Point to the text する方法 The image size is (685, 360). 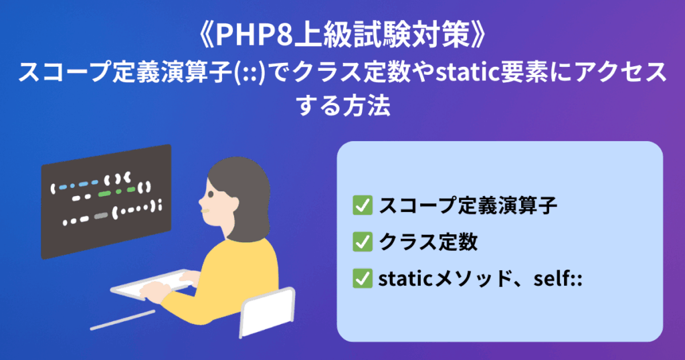click(342, 106)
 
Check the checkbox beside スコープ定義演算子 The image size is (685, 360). click(363, 205)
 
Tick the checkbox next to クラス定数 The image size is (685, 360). click(363, 242)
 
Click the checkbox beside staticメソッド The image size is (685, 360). click(363, 278)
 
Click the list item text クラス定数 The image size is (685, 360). click(428, 242)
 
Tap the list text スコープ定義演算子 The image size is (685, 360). click(468, 205)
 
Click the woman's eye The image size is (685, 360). click(211, 193)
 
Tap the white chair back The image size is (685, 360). click(268, 312)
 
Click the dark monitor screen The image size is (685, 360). click(106, 201)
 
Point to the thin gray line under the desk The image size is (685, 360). click(122, 320)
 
